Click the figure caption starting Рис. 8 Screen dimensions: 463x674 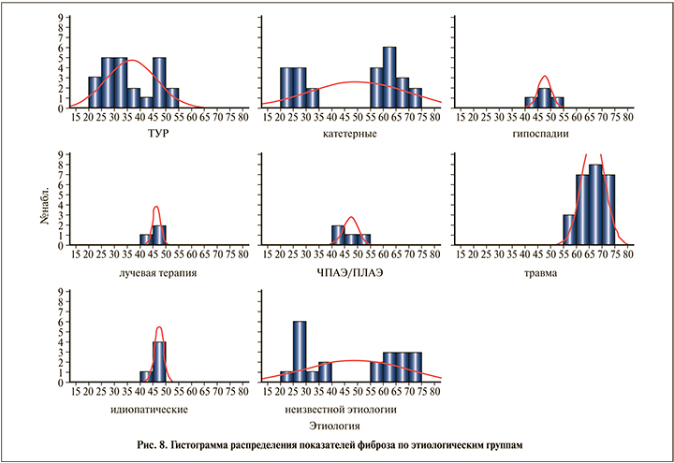(x=337, y=444)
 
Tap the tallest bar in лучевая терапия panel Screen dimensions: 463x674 (x=159, y=235)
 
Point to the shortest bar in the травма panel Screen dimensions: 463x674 (x=568, y=230)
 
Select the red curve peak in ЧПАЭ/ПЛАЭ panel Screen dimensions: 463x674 (x=351, y=217)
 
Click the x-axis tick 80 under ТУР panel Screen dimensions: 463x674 (x=243, y=118)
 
